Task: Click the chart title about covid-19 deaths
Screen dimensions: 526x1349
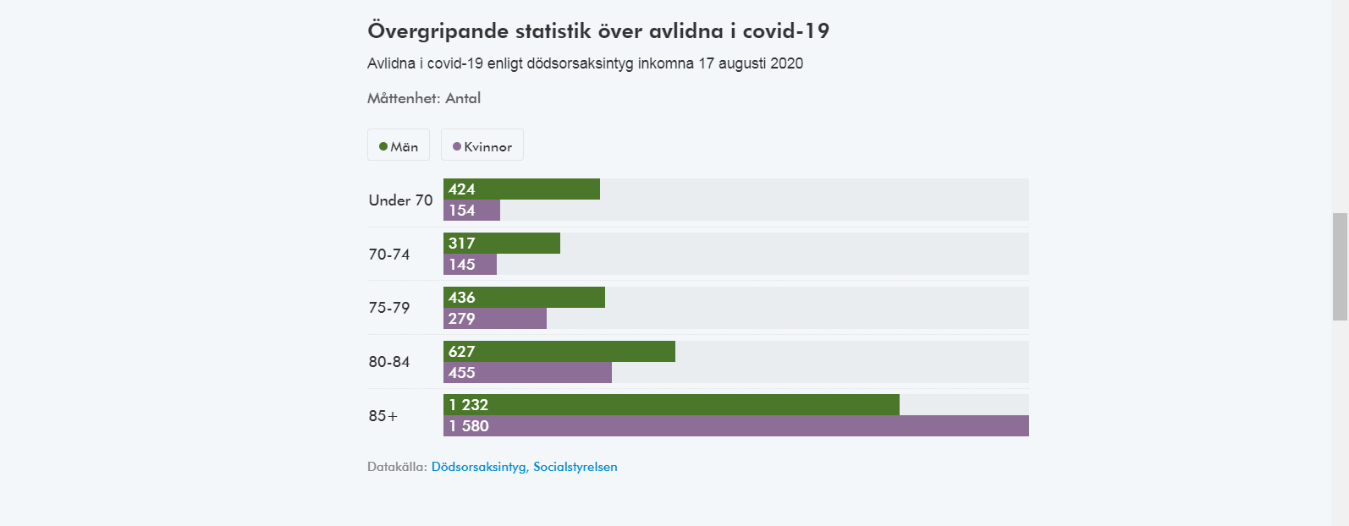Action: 598,31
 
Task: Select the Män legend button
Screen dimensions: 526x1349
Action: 399,145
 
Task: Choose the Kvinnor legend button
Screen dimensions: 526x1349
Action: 482,145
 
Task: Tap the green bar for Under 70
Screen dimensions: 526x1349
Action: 521,189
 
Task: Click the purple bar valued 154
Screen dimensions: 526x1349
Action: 471,211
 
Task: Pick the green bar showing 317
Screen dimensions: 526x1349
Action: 502,244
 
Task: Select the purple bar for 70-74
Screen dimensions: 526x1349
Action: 470,265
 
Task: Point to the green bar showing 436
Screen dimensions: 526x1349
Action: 524,298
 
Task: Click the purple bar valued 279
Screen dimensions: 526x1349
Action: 495,319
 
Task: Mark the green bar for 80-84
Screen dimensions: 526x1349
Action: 559,352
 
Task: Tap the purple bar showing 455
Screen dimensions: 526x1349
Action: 527,373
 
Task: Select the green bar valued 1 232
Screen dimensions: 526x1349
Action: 671,405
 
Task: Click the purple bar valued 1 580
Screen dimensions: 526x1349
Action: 736,426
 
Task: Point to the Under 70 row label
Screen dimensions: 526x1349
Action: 400,200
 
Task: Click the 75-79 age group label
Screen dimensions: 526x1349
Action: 389,308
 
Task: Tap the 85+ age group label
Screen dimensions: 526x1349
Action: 383,416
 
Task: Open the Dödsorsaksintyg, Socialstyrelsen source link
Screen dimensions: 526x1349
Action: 525,467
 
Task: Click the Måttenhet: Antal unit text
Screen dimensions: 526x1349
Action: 424,98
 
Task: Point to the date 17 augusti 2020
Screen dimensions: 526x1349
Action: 751,63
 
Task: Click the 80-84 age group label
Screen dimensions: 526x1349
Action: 389,362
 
